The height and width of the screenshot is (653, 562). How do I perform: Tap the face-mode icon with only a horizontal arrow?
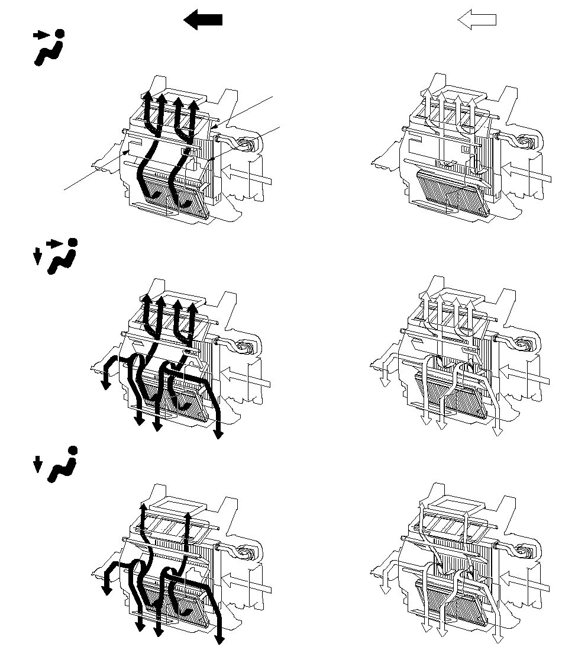point(48,47)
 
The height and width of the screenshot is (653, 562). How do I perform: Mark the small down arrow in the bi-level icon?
point(37,256)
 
